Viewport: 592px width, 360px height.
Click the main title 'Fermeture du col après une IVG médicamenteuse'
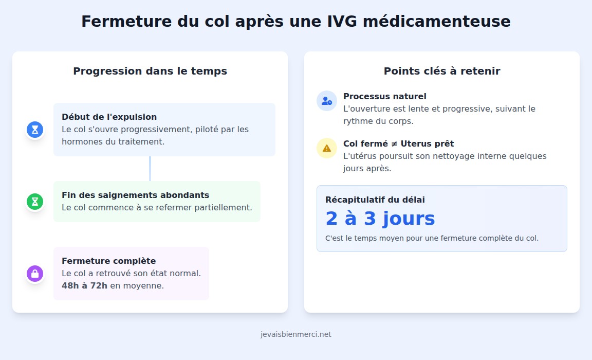[x=295, y=22]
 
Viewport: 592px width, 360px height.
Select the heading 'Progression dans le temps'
[x=150, y=71]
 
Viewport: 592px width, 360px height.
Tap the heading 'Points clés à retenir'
[x=442, y=71]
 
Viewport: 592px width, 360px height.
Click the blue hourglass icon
[x=35, y=130]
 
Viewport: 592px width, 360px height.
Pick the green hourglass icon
[x=35, y=202]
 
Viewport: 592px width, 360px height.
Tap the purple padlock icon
[x=35, y=274]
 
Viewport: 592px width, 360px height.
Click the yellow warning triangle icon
[x=327, y=148]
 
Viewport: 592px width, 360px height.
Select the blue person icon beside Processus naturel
[x=327, y=101]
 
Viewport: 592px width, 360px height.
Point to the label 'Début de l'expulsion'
[x=109, y=117]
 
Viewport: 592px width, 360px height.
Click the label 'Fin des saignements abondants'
[x=135, y=195]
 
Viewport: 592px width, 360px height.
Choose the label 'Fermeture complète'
[x=108, y=261]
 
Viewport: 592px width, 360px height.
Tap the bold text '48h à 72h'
[x=84, y=285]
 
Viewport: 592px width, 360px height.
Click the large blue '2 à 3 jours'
[x=380, y=219]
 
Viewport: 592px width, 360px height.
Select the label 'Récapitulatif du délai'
[x=375, y=200]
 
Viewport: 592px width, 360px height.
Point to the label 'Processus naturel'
[x=385, y=96]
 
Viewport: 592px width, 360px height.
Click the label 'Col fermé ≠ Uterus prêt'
[x=398, y=143]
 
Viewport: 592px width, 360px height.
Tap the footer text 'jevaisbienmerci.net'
[x=296, y=334]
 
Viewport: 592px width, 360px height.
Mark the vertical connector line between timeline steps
[x=150, y=169]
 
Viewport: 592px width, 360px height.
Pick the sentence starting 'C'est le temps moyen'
[x=432, y=238]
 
